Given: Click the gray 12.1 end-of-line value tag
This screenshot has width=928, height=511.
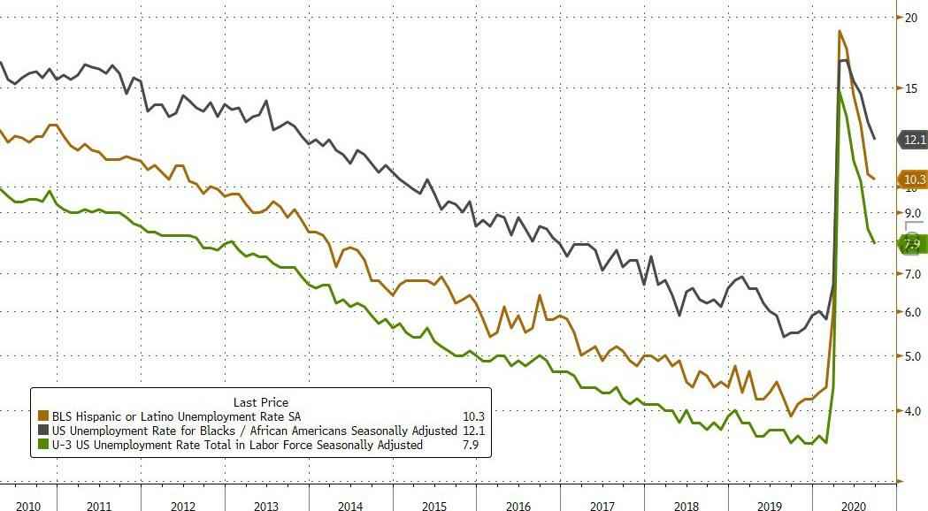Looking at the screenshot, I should pos(914,139).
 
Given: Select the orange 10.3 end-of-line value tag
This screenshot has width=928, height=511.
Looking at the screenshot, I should pos(914,179).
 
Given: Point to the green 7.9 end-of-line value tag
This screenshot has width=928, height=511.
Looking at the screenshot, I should pos(913,243).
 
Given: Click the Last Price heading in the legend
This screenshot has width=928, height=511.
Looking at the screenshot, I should pos(260,401).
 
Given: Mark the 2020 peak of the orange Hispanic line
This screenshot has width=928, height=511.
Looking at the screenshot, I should pos(840,32).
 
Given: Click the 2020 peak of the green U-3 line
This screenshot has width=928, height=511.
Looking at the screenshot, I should pos(839,91).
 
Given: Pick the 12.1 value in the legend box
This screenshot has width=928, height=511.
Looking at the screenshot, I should pos(472,431).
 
